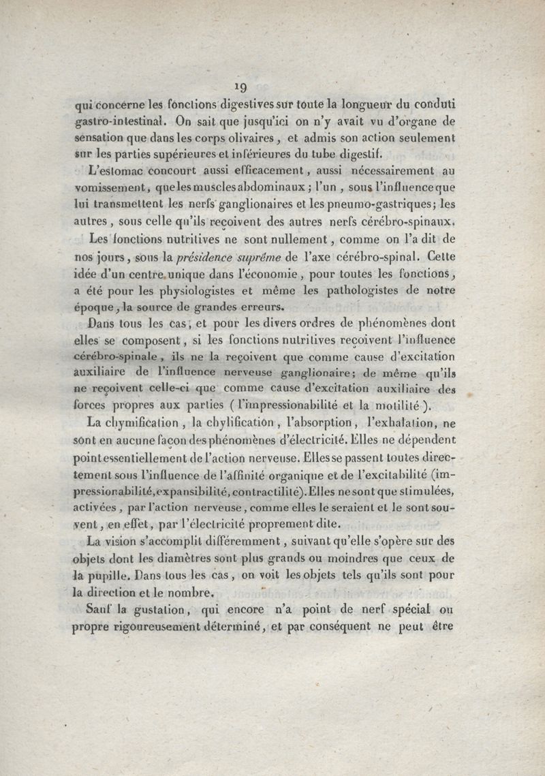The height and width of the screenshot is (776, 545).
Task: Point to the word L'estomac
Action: click(111, 170)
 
